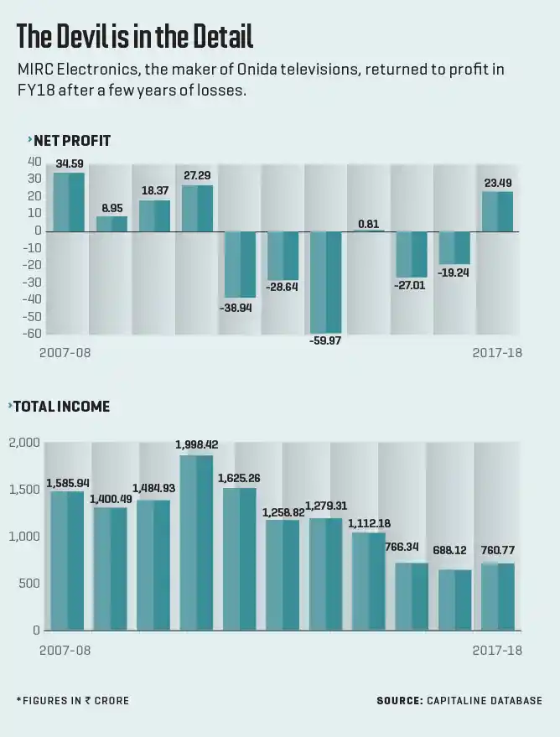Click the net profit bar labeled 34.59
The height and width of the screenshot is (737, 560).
coord(69,202)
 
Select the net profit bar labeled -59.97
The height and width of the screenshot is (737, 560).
coord(326,283)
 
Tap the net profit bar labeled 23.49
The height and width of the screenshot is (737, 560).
coord(497,211)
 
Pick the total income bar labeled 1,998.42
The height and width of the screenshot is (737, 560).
coord(196,542)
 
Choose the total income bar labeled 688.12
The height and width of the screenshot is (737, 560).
coord(455,599)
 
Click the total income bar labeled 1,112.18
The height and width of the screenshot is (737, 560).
coord(369,581)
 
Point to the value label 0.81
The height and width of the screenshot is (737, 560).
coord(369,223)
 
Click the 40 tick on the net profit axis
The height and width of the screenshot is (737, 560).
coord(34,161)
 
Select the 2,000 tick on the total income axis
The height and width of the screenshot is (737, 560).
coord(24,443)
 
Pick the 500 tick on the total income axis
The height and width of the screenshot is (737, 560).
coord(29,584)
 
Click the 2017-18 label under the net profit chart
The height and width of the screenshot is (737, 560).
coord(497,353)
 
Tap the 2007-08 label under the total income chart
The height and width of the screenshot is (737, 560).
coord(65,651)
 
